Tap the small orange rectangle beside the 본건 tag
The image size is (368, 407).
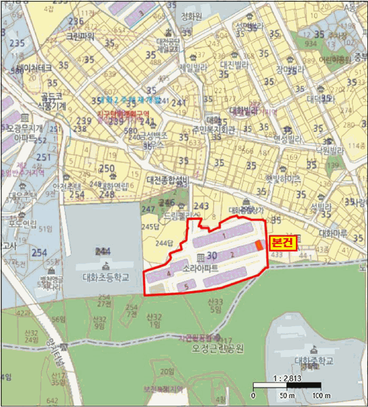(259, 245)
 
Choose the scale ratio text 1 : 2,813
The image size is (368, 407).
(287, 378)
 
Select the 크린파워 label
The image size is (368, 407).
(80, 36)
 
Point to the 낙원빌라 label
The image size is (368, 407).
(330, 151)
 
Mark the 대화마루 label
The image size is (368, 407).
(333, 234)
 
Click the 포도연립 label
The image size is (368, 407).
(23, 223)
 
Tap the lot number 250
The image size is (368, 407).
(107, 169)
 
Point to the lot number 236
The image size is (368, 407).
(76, 22)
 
